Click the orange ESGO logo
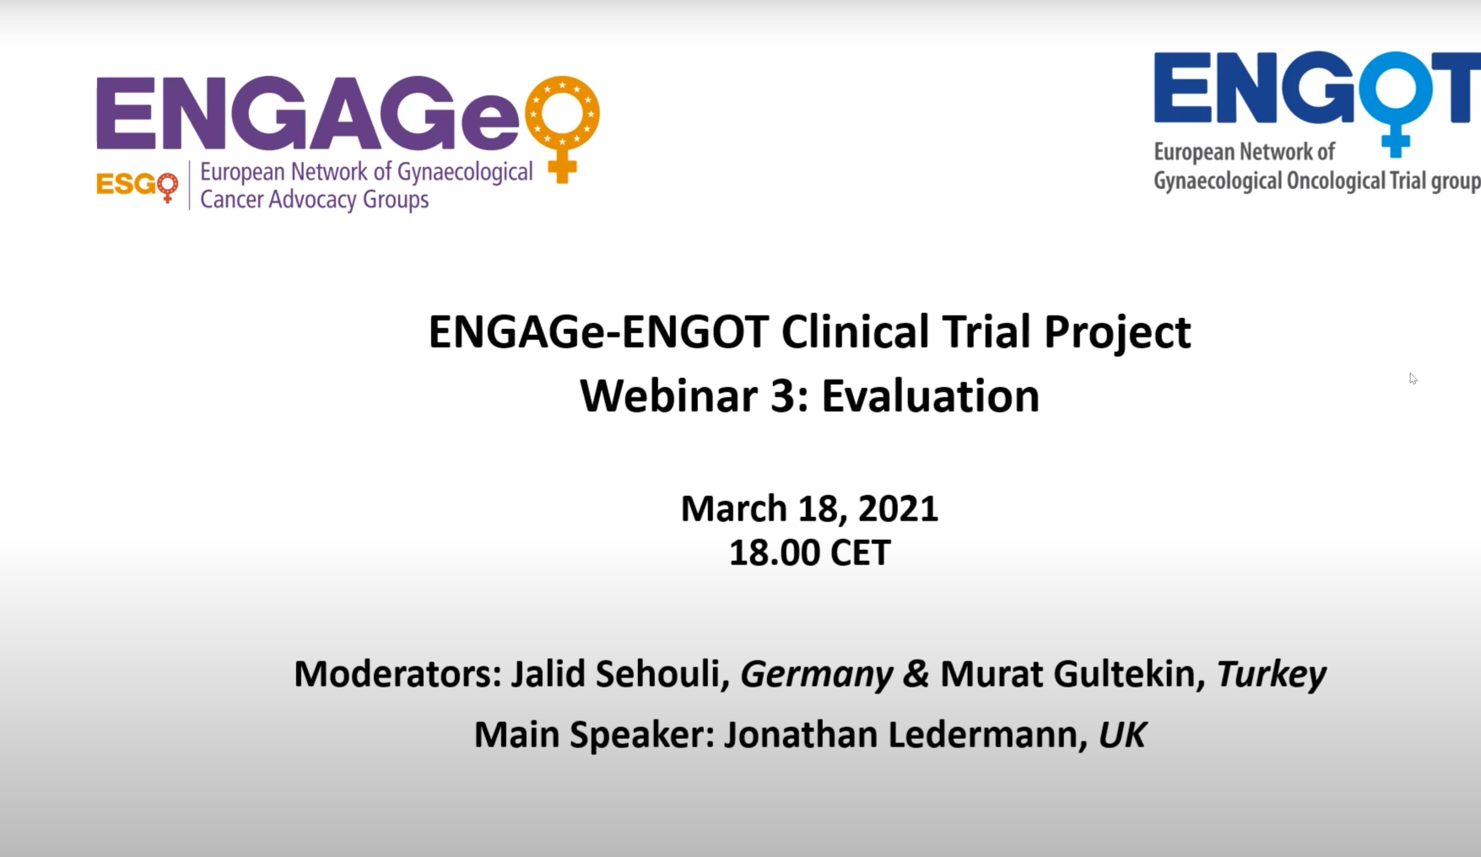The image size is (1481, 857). pyautogui.click(x=137, y=186)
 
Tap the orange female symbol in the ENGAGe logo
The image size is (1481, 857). pyautogui.click(x=562, y=127)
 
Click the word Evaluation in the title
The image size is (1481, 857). pyautogui.click(x=930, y=396)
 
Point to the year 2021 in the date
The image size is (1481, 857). pyautogui.click(x=898, y=509)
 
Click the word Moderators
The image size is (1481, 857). pyautogui.click(x=397, y=674)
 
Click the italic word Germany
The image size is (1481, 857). pyautogui.click(x=816, y=675)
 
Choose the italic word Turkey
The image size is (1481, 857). pyautogui.click(x=1271, y=675)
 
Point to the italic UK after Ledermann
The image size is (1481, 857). pyautogui.click(x=1122, y=735)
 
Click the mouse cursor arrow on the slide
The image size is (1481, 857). pyautogui.click(x=1413, y=379)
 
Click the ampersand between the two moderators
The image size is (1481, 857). pyautogui.click(x=916, y=674)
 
